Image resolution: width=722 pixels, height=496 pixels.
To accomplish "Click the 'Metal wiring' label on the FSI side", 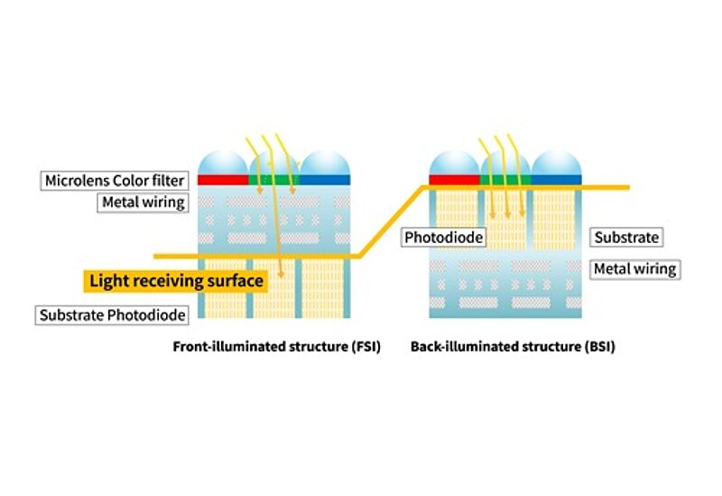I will (x=142, y=202).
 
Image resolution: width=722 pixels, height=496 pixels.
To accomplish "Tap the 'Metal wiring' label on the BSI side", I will (x=634, y=268).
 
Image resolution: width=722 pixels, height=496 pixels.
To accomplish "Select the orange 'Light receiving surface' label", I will (x=176, y=281).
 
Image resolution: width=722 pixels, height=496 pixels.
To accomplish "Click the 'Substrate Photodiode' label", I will (x=113, y=315).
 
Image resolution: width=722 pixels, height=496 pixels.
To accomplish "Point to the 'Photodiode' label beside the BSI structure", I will (x=444, y=238).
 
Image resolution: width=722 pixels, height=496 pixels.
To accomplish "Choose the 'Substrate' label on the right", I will (x=627, y=238).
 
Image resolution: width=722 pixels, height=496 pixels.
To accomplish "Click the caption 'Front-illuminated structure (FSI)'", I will (x=276, y=347).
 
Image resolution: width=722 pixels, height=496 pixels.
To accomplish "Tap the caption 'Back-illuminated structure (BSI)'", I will (x=513, y=347).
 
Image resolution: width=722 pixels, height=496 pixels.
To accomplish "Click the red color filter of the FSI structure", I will (x=223, y=180).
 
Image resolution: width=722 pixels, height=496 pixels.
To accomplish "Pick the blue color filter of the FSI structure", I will (x=325, y=180).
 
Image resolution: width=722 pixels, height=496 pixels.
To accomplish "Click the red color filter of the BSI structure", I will (x=454, y=181).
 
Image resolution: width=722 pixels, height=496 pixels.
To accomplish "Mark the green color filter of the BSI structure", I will (x=504, y=181).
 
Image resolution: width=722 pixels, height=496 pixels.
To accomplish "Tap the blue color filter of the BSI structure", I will (x=556, y=181).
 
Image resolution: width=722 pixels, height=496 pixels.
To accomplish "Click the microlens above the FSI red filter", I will (x=223, y=161).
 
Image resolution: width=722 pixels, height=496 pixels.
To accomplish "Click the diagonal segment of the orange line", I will (x=391, y=222).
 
